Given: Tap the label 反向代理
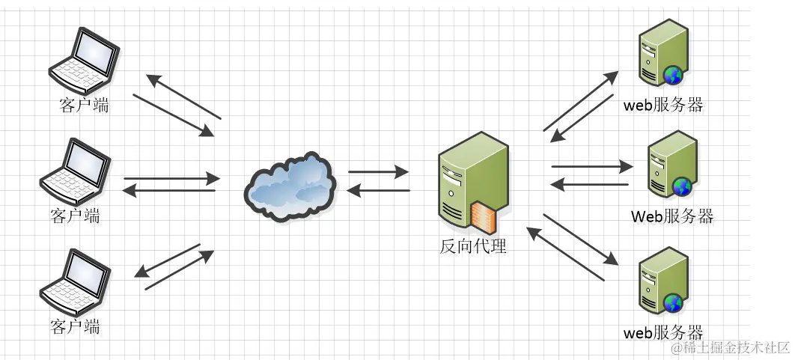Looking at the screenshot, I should [472, 245].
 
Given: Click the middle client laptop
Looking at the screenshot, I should [76, 172].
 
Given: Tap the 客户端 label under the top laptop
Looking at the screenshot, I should [84, 105].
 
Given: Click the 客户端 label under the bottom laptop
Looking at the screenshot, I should [75, 326].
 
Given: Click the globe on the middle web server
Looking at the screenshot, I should [681, 186].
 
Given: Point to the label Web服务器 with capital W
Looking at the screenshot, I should [671, 217].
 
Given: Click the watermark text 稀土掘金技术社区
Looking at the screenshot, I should [730, 347].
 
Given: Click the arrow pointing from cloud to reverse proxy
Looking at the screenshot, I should [378, 172].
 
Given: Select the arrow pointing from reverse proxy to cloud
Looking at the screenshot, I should [378, 191].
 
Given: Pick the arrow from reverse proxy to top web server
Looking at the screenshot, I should [580, 101].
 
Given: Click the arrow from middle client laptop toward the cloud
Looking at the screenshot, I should [171, 179].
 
